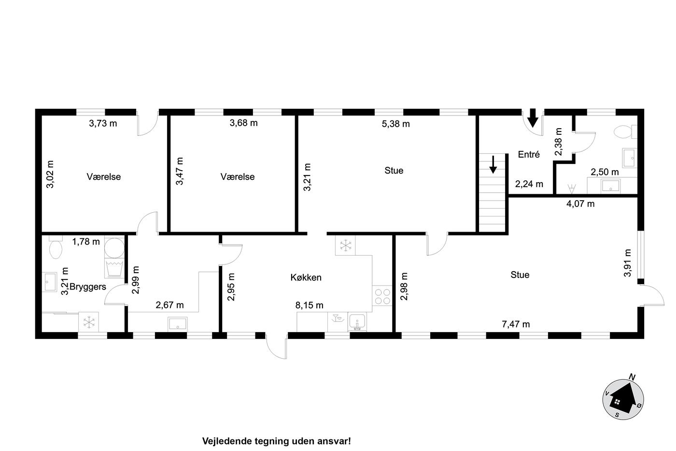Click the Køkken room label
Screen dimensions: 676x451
(x=306, y=277)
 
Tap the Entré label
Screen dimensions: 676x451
(x=529, y=154)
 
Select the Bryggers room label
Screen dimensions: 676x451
(x=88, y=287)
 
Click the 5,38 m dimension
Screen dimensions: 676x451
(x=395, y=124)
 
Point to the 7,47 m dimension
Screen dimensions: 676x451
(x=516, y=324)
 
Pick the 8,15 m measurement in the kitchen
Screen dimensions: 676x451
(x=310, y=306)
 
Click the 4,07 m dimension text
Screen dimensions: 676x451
(x=580, y=204)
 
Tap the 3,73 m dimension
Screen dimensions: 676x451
(x=103, y=123)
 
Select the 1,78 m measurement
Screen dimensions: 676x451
(x=86, y=242)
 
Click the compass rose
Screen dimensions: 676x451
(x=623, y=399)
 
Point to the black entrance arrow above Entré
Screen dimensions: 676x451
(x=533, y=118)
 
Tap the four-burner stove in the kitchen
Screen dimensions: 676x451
(x=382, y=296)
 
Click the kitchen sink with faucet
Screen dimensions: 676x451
(x=357, y=322)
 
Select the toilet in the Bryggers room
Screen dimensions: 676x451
(x=56, y=247)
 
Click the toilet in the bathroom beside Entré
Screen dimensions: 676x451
(x=625, y=132)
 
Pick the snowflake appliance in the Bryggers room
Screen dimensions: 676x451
(x=89, y=322)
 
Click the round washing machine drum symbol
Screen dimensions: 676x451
(x=114, y=248)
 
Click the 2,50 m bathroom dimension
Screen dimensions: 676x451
(x=605, y=172)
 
